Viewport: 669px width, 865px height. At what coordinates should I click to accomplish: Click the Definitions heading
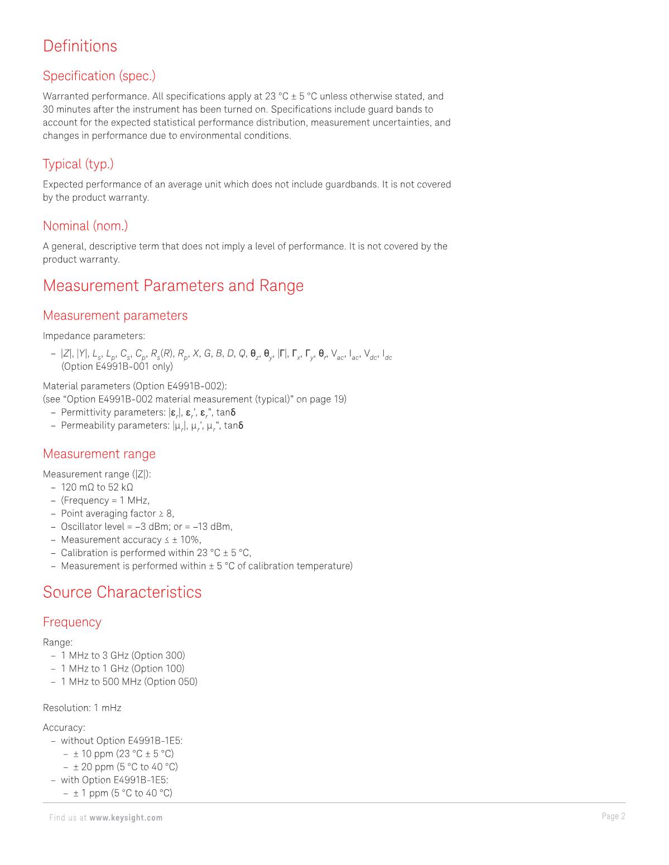pos(80,46)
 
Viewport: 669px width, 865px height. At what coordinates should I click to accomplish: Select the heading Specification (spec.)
pos(99,75)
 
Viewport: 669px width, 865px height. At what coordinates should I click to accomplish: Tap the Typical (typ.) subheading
pos(78,164)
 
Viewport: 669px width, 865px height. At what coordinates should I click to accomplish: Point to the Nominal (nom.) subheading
pos(85,226)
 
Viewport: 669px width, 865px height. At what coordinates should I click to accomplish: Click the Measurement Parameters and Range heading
pos(173,286)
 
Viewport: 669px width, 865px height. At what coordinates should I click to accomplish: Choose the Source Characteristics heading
pos(122,592)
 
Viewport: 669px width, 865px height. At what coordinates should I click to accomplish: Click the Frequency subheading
pos(72,622)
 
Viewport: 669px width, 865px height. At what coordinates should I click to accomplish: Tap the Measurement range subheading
pos(99,454)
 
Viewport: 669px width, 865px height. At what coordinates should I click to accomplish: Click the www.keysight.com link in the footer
pos(126,818)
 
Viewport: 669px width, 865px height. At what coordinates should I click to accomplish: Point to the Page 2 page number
pos(613,816)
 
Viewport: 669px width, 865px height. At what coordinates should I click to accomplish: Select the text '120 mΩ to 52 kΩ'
pos(97,487)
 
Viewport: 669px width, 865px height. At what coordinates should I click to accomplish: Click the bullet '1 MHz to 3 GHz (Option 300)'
pos(123,655)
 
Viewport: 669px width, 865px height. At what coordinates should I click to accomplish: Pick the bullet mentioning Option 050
pos(129,682)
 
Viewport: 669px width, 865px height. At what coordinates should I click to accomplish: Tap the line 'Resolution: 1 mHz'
pos(82,708)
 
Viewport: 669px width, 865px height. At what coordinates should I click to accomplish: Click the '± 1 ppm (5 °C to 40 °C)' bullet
pos(122,793)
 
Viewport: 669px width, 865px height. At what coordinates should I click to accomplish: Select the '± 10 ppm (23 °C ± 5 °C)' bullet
pos(123,754)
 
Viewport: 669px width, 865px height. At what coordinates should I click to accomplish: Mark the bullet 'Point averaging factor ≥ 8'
pos(117,514)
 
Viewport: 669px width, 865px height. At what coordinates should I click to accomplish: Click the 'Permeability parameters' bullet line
pos(152,426)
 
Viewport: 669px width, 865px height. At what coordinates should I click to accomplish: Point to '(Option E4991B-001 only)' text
pos(117,366)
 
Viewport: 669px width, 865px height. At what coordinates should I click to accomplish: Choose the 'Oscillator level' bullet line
pos(146,526)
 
